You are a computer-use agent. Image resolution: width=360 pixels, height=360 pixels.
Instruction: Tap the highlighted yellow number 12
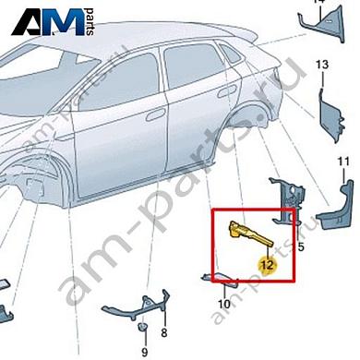pos(267,264)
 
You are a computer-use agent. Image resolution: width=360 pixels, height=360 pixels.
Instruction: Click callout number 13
pos(322,65)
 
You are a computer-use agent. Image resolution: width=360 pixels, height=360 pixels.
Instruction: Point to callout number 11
pos(342,163)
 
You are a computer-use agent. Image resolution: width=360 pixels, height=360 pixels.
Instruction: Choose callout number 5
pos(301,248)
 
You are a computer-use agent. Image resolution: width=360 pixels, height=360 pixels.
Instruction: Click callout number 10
pos(223,304)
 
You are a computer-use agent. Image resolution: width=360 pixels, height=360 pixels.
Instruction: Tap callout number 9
pos(144,352)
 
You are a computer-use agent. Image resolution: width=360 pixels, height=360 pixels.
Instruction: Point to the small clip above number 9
pos(143,329)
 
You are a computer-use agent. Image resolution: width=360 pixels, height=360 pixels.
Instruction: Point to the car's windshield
pos(55,70)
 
